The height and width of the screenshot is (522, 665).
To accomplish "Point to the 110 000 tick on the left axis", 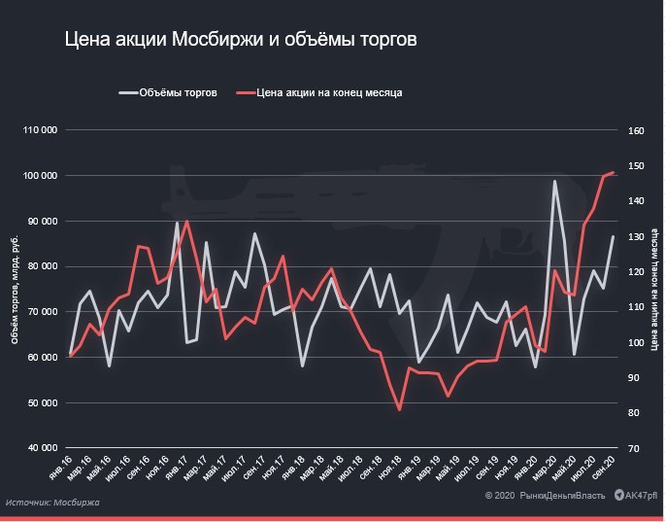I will click(x=41, y=130).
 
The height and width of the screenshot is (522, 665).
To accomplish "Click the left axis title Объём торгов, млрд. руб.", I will click(x=15, y=289).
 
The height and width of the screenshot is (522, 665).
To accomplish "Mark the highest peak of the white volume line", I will click(x=555, y=182).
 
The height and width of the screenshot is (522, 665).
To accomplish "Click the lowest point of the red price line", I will click(x=400, y=409).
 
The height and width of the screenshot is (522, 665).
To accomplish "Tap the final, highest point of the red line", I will click(x=613, y=173).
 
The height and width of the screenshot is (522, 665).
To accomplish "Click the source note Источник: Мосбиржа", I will click(x=52, y=503).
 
